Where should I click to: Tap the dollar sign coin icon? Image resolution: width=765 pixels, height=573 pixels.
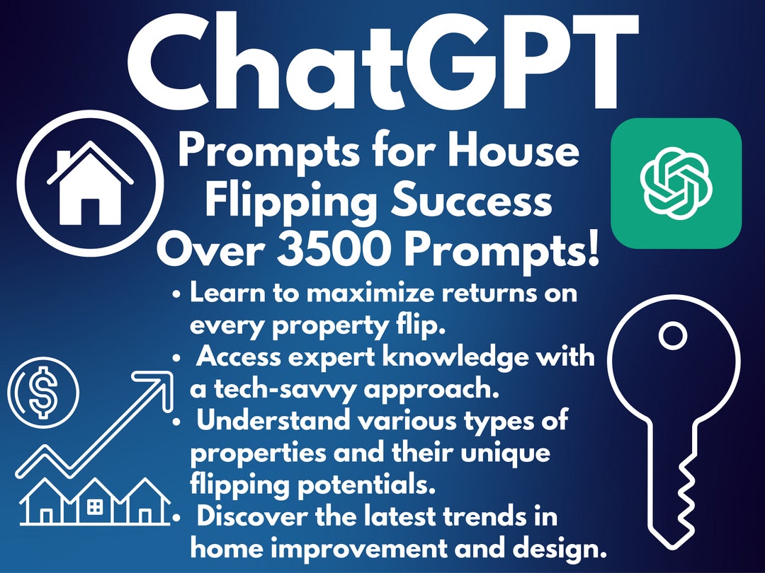43,392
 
